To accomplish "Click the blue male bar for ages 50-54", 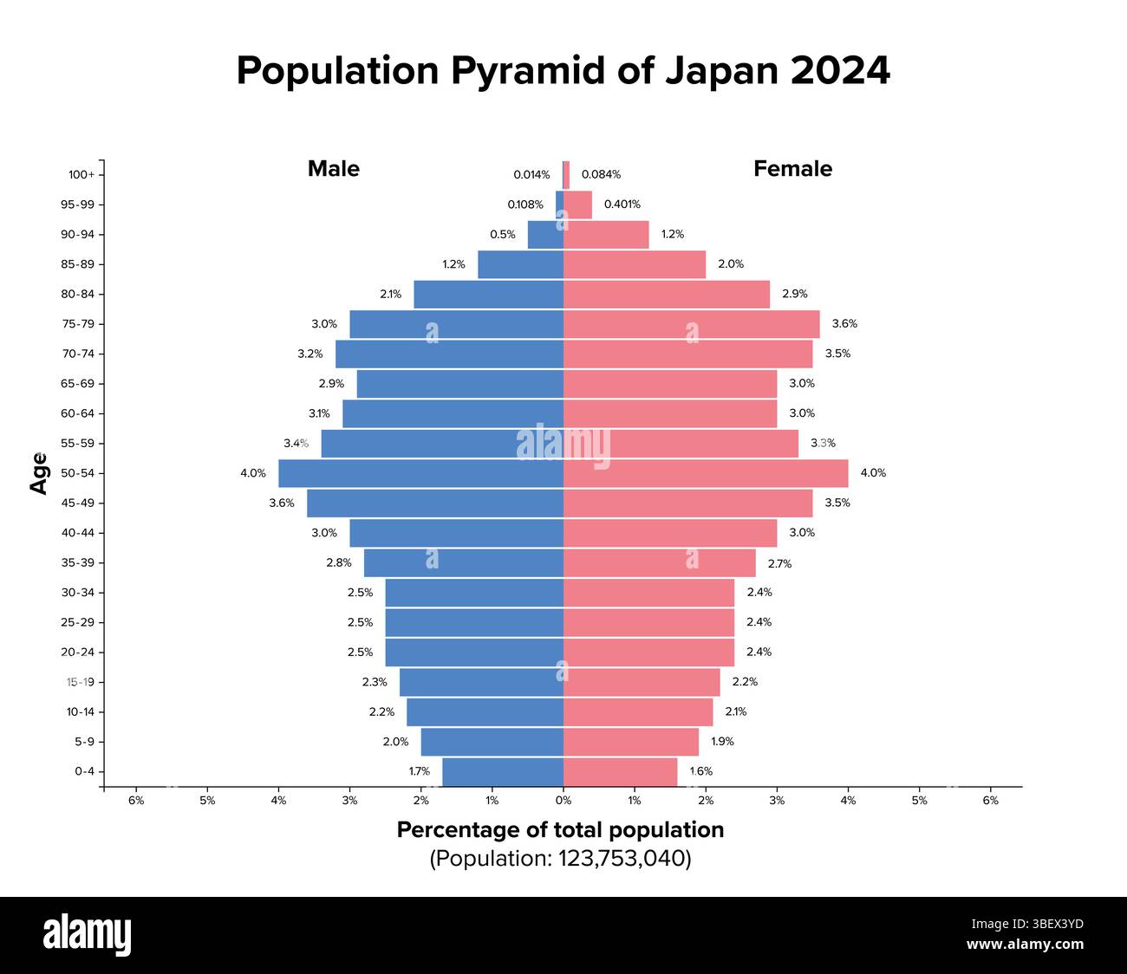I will coord(420,473).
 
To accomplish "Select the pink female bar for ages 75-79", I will coord(691,324).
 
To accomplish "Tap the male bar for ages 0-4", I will coord(502,771).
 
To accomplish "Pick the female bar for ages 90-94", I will coord(606,235).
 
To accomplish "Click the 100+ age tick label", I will coord(81,175).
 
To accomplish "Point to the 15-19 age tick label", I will coord(80,682).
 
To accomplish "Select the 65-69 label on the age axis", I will coord(77,384).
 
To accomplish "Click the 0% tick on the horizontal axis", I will coord(563,801).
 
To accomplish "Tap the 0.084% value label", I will coord(601,175).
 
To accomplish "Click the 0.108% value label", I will coord(525,205).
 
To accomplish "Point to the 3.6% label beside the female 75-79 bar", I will coord(844,324).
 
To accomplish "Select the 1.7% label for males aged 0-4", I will coord(420,771).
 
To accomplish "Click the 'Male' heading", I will coord(334,169).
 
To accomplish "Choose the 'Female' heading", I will coord(792,169).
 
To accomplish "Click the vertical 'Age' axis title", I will coord(39,473).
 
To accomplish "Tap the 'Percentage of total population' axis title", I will coord(560,830).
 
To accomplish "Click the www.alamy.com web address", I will coord(1025,945).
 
